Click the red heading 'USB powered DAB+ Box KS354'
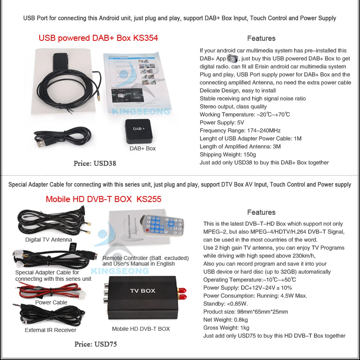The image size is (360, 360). [98, 38]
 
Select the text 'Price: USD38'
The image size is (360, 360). [95, 163]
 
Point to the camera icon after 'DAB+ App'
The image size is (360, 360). [233, 59]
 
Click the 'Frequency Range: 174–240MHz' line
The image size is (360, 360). [240, 130]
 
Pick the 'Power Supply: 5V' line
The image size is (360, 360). [222, 122]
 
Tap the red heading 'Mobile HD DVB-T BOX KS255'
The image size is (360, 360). [103, 199]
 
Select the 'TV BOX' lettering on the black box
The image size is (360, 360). [142, 290]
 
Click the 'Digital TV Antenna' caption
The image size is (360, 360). [48, 240]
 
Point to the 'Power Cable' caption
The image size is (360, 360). [51, 302]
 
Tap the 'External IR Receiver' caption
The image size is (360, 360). [50, 330]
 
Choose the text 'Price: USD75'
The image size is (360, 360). [96, 344]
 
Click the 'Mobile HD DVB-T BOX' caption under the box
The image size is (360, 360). [141, 329]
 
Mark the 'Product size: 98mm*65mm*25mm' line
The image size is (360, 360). [246, 312]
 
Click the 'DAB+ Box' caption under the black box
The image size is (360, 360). [142, 148]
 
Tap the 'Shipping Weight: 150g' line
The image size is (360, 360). [228, 154]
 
